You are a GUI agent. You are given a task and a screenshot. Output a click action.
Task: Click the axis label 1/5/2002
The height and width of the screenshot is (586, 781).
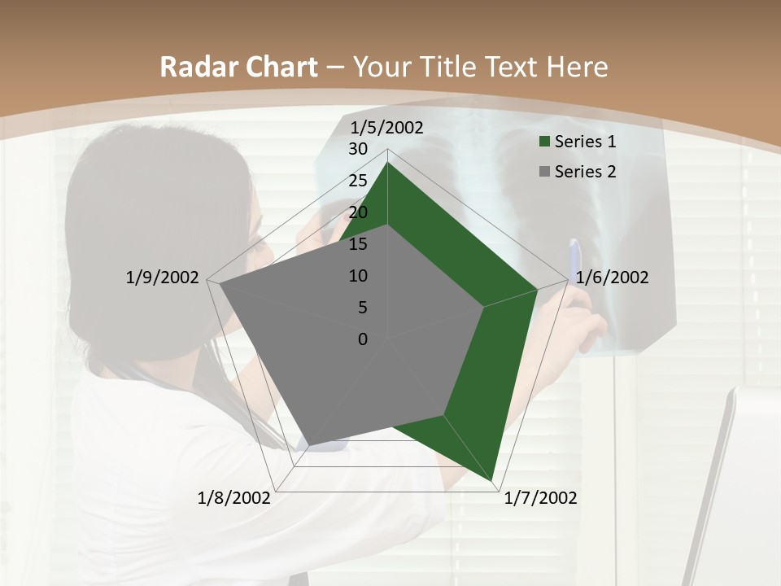point(387,127)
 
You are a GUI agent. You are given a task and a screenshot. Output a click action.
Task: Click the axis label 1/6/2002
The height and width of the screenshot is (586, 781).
point(612,278)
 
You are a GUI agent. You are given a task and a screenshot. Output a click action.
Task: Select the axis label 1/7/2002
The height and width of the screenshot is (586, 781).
point(540,498)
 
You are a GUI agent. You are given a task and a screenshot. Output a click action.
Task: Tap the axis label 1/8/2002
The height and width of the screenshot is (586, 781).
point(234,498)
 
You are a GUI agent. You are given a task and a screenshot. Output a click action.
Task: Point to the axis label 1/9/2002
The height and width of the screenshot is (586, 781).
point(162,278)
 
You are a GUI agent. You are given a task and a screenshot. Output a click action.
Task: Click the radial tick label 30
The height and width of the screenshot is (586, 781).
point(358,149)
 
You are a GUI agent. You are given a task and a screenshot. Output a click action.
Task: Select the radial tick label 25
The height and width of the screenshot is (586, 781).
point(358,181)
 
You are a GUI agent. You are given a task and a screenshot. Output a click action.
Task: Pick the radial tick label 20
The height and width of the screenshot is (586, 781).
point(358,212)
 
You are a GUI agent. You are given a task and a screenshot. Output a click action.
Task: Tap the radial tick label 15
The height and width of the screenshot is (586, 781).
point(358,244)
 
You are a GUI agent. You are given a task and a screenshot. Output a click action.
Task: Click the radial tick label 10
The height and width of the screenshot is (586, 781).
point(358,276)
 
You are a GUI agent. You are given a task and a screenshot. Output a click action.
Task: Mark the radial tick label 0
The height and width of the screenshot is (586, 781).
point(363,339)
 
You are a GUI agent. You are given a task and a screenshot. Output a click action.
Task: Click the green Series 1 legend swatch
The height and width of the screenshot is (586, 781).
point(545,142)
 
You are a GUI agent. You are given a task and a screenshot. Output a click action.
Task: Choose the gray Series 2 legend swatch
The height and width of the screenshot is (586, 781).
point(545,172)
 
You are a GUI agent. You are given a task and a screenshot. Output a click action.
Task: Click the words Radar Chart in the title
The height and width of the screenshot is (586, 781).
point(238,67)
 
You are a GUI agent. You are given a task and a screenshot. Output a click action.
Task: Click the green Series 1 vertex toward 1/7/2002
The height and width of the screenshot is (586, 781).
point(493,481)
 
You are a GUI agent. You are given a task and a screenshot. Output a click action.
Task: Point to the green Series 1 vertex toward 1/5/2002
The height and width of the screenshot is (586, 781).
point(387,163)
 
